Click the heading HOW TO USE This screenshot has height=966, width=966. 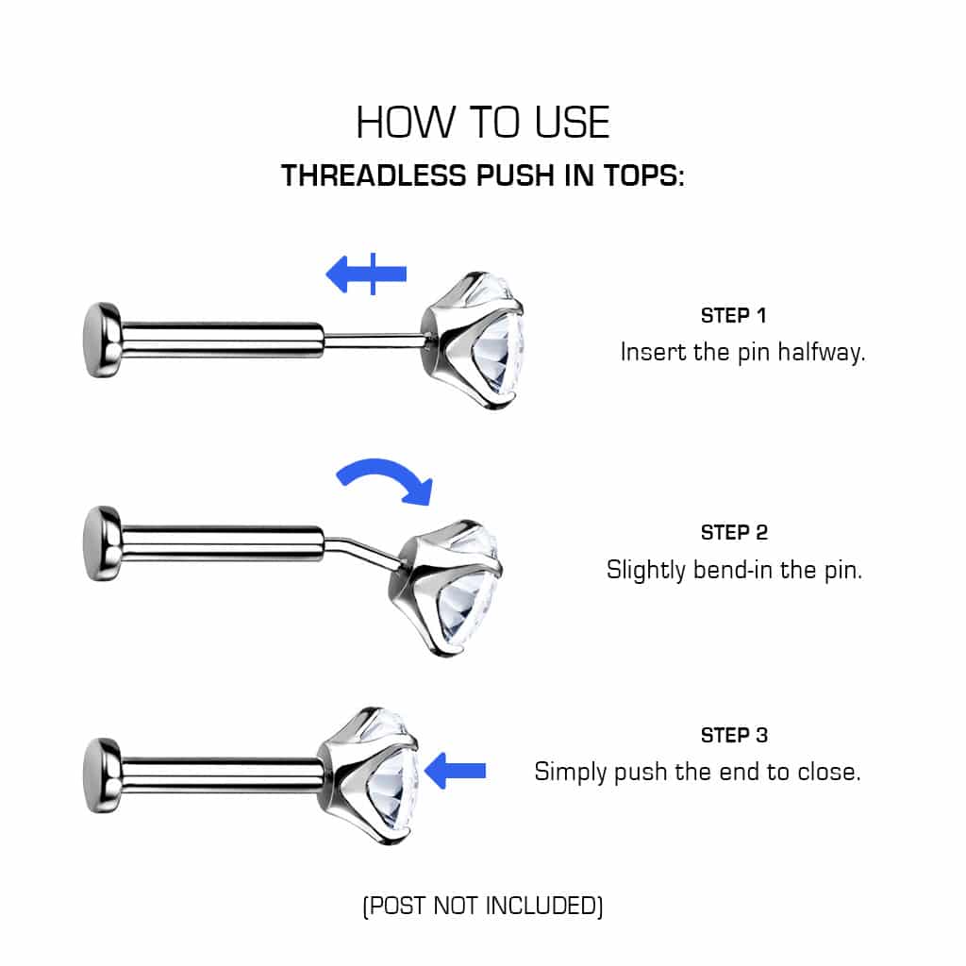482,123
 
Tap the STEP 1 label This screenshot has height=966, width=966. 739,315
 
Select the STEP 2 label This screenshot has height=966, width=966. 734,532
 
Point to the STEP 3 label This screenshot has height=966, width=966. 734,735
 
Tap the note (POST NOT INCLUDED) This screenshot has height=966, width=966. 482,907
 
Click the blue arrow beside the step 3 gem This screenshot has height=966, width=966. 456,771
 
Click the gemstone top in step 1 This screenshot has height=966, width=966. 475,340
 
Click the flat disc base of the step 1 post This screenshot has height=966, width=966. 100,340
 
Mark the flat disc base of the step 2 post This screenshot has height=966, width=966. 100,543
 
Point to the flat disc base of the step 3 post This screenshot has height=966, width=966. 100,774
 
